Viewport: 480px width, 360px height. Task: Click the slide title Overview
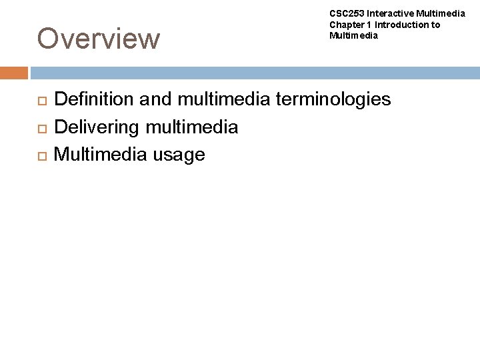99,39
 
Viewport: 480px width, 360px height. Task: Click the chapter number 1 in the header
369,25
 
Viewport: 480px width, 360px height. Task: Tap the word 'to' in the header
435,25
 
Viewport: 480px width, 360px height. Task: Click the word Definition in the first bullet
95,100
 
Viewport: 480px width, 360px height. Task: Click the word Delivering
95,127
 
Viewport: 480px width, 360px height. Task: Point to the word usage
179,155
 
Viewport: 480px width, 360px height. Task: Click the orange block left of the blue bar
14,73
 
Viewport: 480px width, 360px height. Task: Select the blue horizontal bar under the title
253,73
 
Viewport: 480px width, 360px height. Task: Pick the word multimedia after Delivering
190,127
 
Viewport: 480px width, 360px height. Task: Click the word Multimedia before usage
99,155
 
